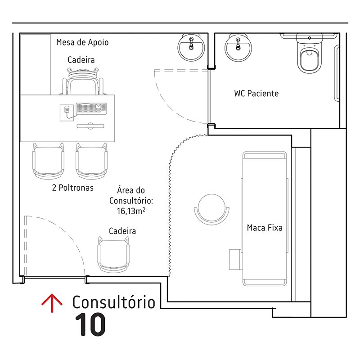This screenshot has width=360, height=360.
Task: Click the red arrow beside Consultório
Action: pyautogui.click(x=52, y=302)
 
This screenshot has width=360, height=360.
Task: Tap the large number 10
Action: pyautogui.click(x=90, y=324)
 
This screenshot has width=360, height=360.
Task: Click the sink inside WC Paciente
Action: pyautogui.click(x=238, y=48)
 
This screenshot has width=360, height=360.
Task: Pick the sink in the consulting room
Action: pyautogui.click(x=191, y=47)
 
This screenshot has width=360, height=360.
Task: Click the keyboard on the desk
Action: pyautogui.click(x=91, y=109)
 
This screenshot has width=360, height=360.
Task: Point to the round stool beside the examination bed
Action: pyautogui.click(x=211, y=209)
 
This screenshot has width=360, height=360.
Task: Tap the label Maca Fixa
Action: pyautogui.click(x=265, y=228)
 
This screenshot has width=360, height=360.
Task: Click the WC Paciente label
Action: pyautogui.click(x=256, y=94)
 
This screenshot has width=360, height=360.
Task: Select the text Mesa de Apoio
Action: pyautogui.click(x=82, y=42)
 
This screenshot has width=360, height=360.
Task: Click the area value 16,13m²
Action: pyautogui.click(x=131, y=211)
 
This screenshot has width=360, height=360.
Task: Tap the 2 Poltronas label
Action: pyautogui.click(x=73, y=188)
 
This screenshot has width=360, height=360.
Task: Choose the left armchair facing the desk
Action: pyautogui.click(x=48, y=161)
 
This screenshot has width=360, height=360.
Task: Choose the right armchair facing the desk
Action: pyautogui.click(x=92, y=161)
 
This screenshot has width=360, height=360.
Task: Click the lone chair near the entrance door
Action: pyautogui.click(x=113, y=255)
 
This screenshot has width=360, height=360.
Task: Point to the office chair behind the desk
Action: pyautogui.click(x=83, y=81)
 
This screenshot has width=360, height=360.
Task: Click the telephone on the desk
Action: pyautogui.click(x=67, y=112)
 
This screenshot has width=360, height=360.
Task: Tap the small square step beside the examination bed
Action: pyautogui.click(x=235, y=260)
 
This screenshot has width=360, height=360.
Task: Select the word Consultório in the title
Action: pyautogui.click(x=114, y=302)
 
